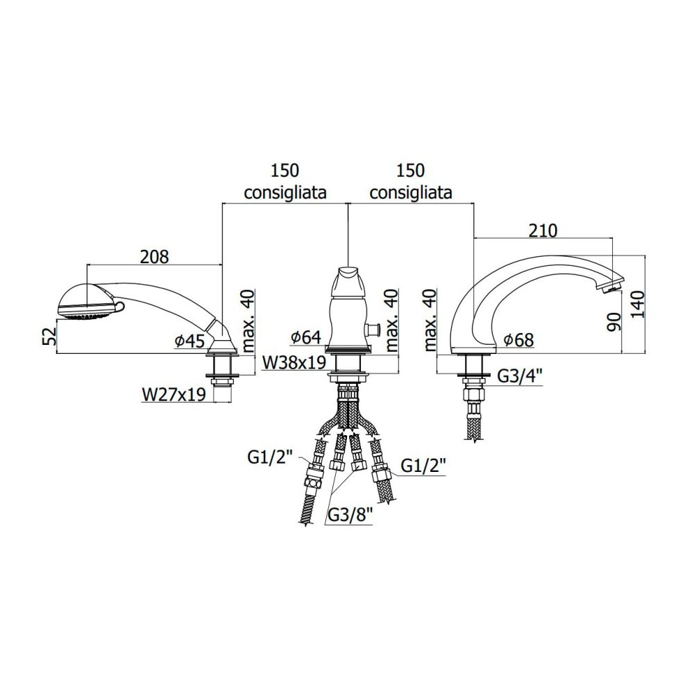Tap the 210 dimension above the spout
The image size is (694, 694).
(x=543, y=230)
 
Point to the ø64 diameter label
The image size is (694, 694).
(x=305, y=337)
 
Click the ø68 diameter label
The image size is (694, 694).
(x=518, y=340)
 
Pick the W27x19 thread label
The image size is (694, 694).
(x=174, y=394)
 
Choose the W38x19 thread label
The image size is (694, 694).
(x=294, y=362)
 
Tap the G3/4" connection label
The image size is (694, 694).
(x=520, y=376)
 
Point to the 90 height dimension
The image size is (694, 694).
(x=615, y=321)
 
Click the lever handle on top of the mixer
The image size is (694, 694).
(x=349, y=280)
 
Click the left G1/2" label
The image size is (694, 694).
(x=271, y=458)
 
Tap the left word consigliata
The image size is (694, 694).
(x=285, y=192)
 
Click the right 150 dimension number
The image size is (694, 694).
(x=411, y=171)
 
